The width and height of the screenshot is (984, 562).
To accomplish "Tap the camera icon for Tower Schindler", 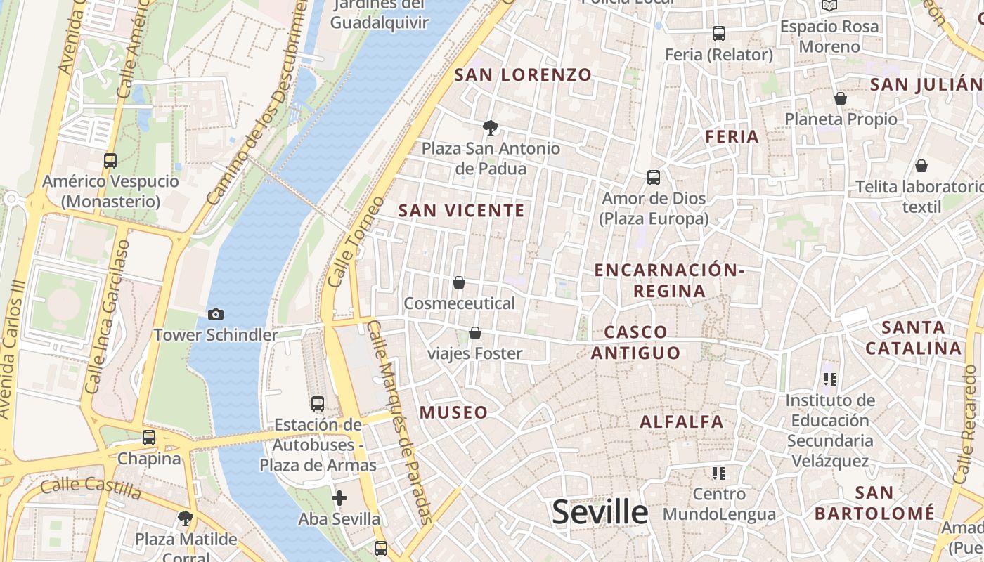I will [x=216, y=314].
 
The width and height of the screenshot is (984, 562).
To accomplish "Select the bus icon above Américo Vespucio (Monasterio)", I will [x=110, y=160].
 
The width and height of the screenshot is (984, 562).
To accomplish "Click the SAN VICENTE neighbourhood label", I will [x=462, y=211].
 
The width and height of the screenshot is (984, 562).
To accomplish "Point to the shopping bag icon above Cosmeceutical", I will [x=459, y=282].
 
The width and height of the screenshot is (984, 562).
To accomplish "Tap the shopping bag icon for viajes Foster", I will [x=475, y=333].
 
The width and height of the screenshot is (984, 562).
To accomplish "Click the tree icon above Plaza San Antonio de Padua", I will [x=491, y=127].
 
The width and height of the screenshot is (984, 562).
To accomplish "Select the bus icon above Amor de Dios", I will [x=654, y=177].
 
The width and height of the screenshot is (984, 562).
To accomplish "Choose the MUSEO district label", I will [x=454, y=412].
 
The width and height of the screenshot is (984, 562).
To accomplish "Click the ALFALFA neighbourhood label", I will [x=681, y=421].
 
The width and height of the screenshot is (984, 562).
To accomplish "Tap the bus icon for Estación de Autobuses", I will [x=318, y=403].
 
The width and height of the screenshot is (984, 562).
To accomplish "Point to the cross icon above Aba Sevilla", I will [x=339, y=498].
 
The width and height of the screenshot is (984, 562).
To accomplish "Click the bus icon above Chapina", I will [x=149, y=437].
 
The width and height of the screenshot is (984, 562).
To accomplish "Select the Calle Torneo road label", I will [x=356, y=241].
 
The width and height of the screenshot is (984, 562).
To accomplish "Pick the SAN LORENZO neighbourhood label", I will [x=523, y=75].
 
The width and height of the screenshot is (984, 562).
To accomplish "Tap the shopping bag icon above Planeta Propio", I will [x=840, y=98].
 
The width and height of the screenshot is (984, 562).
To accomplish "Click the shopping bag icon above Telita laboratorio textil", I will [x=921, y=166].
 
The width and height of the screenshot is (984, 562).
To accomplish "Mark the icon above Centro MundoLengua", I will [x=718, y=473].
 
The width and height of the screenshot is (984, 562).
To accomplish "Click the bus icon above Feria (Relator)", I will [x=718, y=33].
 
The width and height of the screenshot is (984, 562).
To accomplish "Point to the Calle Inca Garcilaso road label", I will [x=108, y=316].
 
